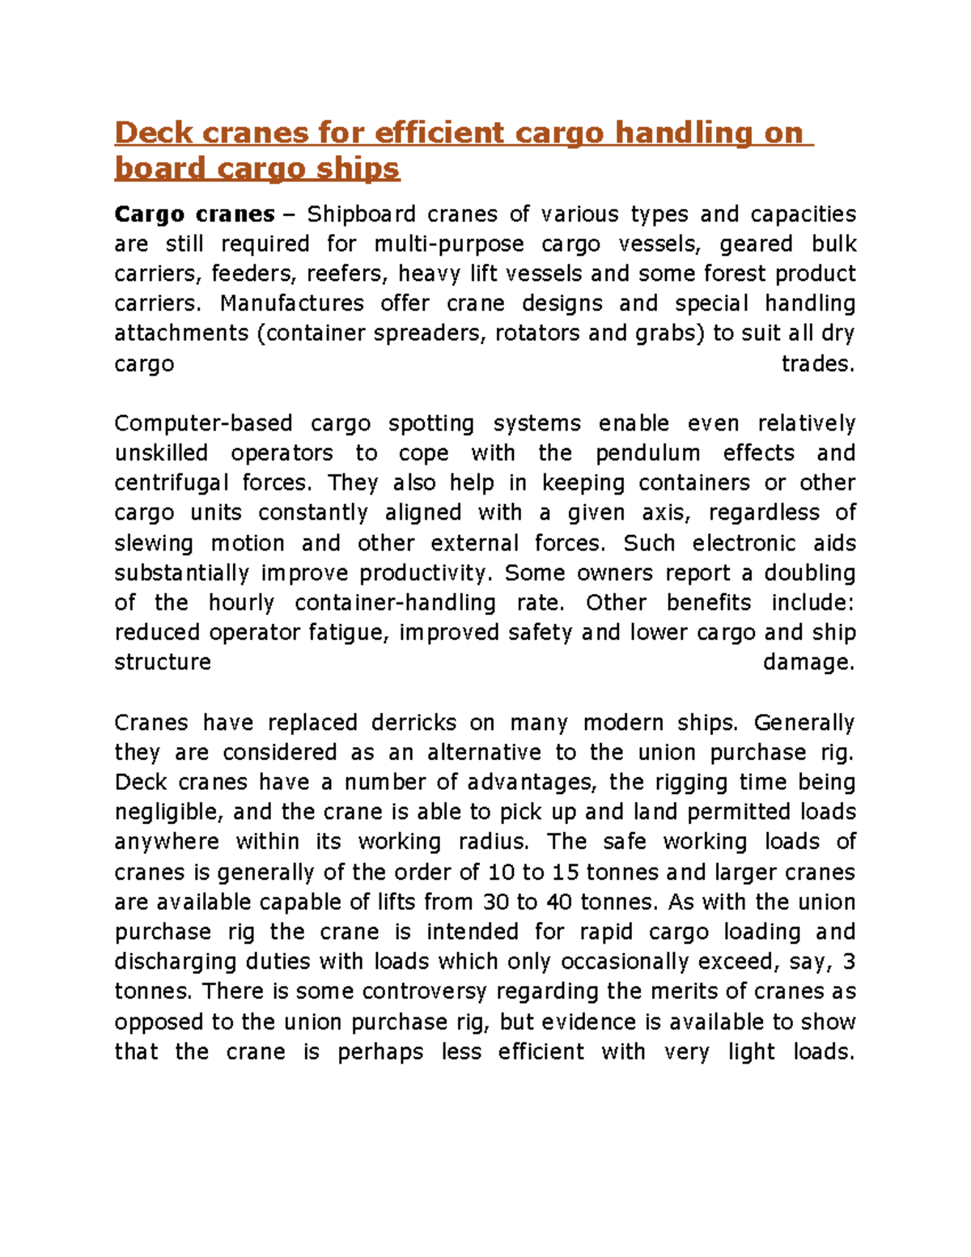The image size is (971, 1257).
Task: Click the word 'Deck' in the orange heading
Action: coord(154,132)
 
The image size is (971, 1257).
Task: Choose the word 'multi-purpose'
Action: coord(449,244)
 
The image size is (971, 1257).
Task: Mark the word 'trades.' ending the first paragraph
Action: coord(818,364)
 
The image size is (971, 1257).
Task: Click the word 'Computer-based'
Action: coord(203,423)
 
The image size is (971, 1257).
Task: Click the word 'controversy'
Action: coord(424,992)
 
